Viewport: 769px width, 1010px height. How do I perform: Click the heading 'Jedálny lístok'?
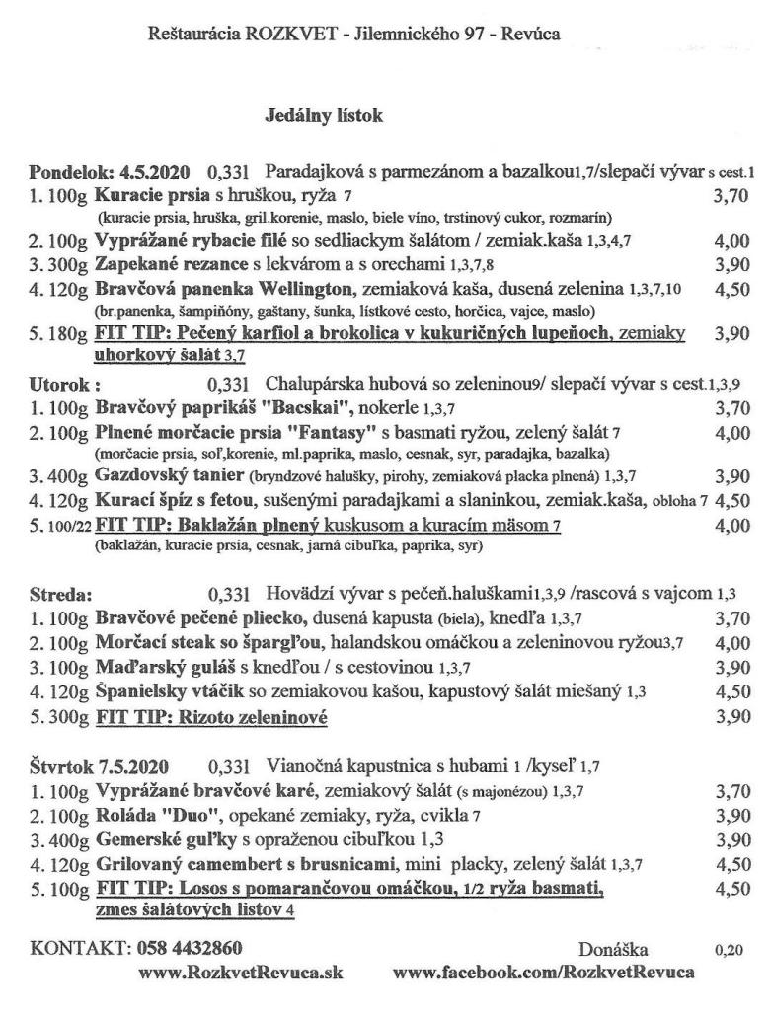324,116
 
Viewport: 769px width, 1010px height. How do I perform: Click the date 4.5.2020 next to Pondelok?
156,170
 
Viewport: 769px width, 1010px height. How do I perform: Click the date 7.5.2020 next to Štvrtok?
132,766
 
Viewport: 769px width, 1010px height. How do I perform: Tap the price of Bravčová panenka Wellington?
729,290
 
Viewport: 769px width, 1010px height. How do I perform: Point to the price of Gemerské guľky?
729,839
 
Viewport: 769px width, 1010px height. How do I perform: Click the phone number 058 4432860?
189,949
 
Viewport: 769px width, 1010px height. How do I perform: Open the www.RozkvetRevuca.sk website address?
241,973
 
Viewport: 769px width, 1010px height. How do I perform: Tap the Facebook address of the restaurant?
543,973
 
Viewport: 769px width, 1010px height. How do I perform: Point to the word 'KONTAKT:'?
79,949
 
